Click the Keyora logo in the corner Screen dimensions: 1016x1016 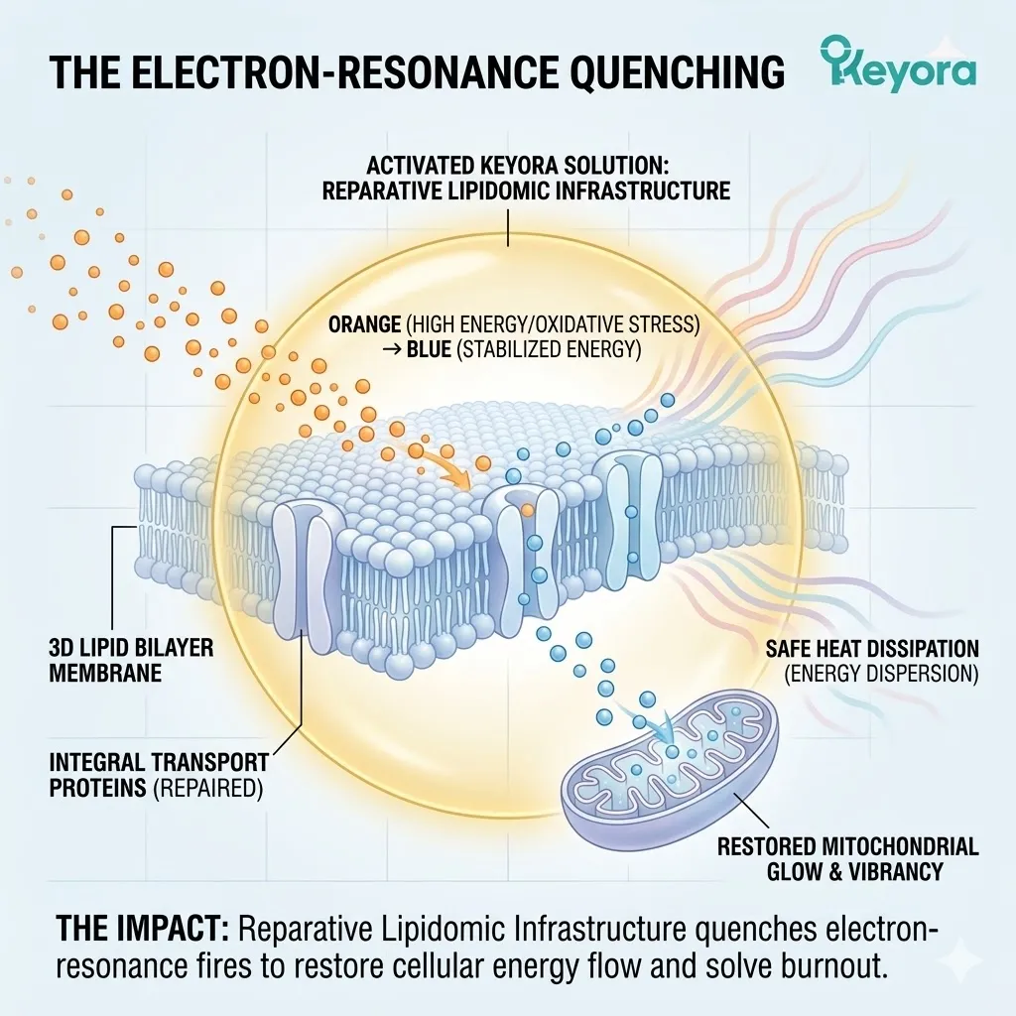coord(897,64)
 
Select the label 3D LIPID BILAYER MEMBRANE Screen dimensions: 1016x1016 coord(132,660)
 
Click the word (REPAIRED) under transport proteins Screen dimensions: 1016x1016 coord(208,788)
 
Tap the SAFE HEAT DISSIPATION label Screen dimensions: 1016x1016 coord(872,649)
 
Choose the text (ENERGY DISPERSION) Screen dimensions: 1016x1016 coord(881,674)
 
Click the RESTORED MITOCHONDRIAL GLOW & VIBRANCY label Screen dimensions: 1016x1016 coord(848,858)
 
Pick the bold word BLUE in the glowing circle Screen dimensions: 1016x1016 coord(429,350)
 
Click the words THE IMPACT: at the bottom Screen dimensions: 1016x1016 coord(143,929)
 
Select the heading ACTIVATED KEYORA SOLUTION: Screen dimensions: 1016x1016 coord(517,166)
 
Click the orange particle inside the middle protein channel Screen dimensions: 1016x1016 coord(528,511)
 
